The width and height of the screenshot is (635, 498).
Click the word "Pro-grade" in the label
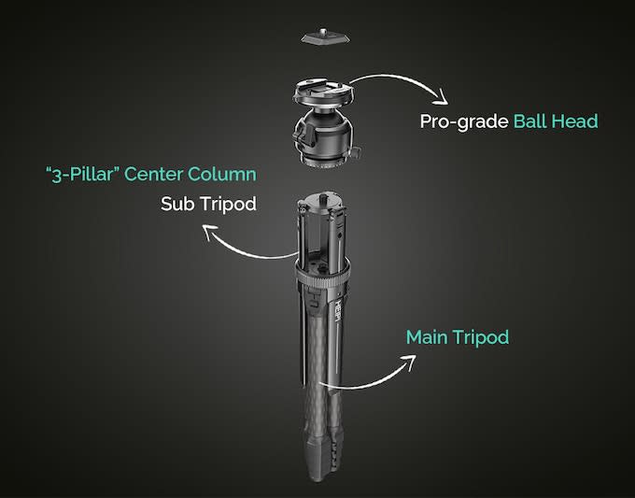tap(464, 122)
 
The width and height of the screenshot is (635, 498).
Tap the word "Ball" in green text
tap(529, 121)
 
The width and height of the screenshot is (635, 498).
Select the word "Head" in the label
tap(575, 121)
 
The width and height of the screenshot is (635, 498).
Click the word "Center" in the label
tap(153, 174)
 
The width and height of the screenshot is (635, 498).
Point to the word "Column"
tap(222, 174)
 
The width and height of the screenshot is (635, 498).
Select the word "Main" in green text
tap(427, 337)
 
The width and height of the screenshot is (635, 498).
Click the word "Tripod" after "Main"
tap(481, 338)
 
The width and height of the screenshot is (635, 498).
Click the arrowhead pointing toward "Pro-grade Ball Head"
tap(442, 98)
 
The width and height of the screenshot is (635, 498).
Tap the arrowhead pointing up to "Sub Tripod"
tap(210, 232)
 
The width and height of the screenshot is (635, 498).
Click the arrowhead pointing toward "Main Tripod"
tap(409, 362)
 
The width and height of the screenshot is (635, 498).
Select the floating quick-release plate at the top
tap(325, 36)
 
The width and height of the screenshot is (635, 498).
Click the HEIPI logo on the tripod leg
tap(337, 311)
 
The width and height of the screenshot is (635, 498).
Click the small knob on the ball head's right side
tap(356, 153)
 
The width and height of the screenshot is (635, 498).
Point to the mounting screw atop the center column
tap(324, 199)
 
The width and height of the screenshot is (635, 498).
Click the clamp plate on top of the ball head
tap(323, 92)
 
